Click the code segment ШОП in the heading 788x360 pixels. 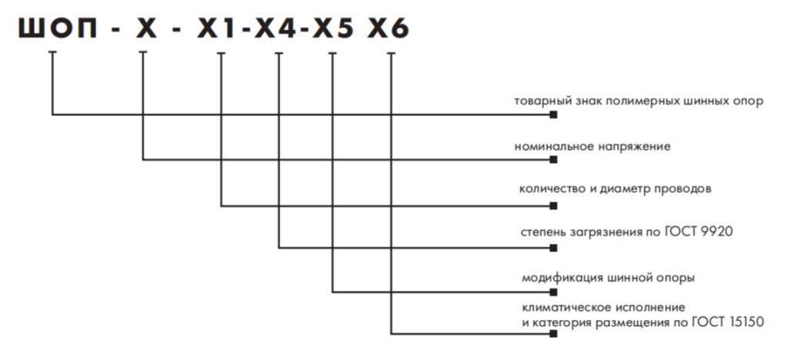tap(52, 28)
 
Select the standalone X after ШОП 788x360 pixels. tap(143, 28)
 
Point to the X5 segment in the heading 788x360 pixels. tap(335, 28)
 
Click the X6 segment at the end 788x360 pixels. tap(390, 28)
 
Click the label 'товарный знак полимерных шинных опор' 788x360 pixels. tap(639, 101)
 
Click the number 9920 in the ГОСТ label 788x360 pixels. tap(706, 232)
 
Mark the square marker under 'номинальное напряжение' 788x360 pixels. tap(553, 161)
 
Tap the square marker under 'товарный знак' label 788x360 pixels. tap(553, 116)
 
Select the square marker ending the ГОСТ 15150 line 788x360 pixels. tap(553, 334)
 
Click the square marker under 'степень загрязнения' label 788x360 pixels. tap(553, 248)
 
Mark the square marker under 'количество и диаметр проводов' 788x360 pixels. tap(553, 205)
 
